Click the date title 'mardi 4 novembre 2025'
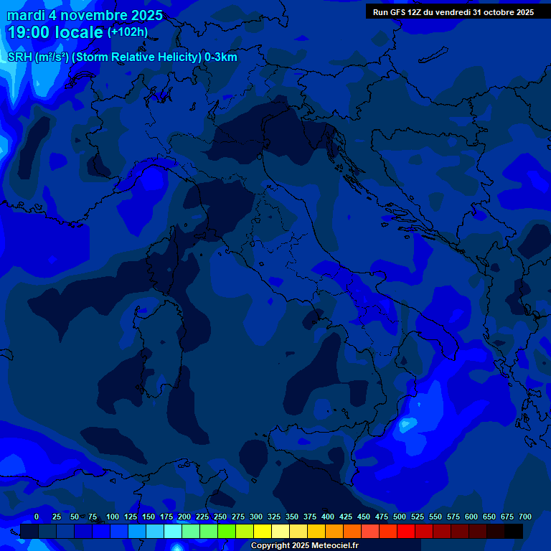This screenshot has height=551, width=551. [x=85, y=15]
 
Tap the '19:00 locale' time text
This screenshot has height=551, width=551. [x=55, y=32]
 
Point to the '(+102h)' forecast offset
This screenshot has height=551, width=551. [x=127, y=32]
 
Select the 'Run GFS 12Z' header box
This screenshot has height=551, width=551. [x=453, y=12]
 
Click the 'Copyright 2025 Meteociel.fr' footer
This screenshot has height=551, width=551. [x=304, y=546]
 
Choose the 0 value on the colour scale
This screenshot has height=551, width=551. [x=36, y=517]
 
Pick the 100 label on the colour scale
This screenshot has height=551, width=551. [x=113, y=517]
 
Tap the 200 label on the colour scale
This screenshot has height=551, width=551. [x=184, y=517]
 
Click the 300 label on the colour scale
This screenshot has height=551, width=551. [x=256, y=517]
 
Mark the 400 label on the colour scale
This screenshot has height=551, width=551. [x=328, y=517]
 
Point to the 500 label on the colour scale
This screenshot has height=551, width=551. [x=400, y=517]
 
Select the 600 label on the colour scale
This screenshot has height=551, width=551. [x=471, y=517]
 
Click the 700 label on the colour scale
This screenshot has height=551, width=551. [x=524, y=517]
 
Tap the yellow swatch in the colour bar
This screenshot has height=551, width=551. [x=263, y=532]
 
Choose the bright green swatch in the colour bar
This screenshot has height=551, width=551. [x=227, y=532]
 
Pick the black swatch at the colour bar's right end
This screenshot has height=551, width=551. [x=514, y=532]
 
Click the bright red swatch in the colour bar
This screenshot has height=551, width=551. [x=406, y=532]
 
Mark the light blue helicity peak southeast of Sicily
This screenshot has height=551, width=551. [x=406, y=425]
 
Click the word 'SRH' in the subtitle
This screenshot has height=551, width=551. [x=20, y=57]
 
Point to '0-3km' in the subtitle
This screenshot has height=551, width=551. [x=220, y=57]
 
